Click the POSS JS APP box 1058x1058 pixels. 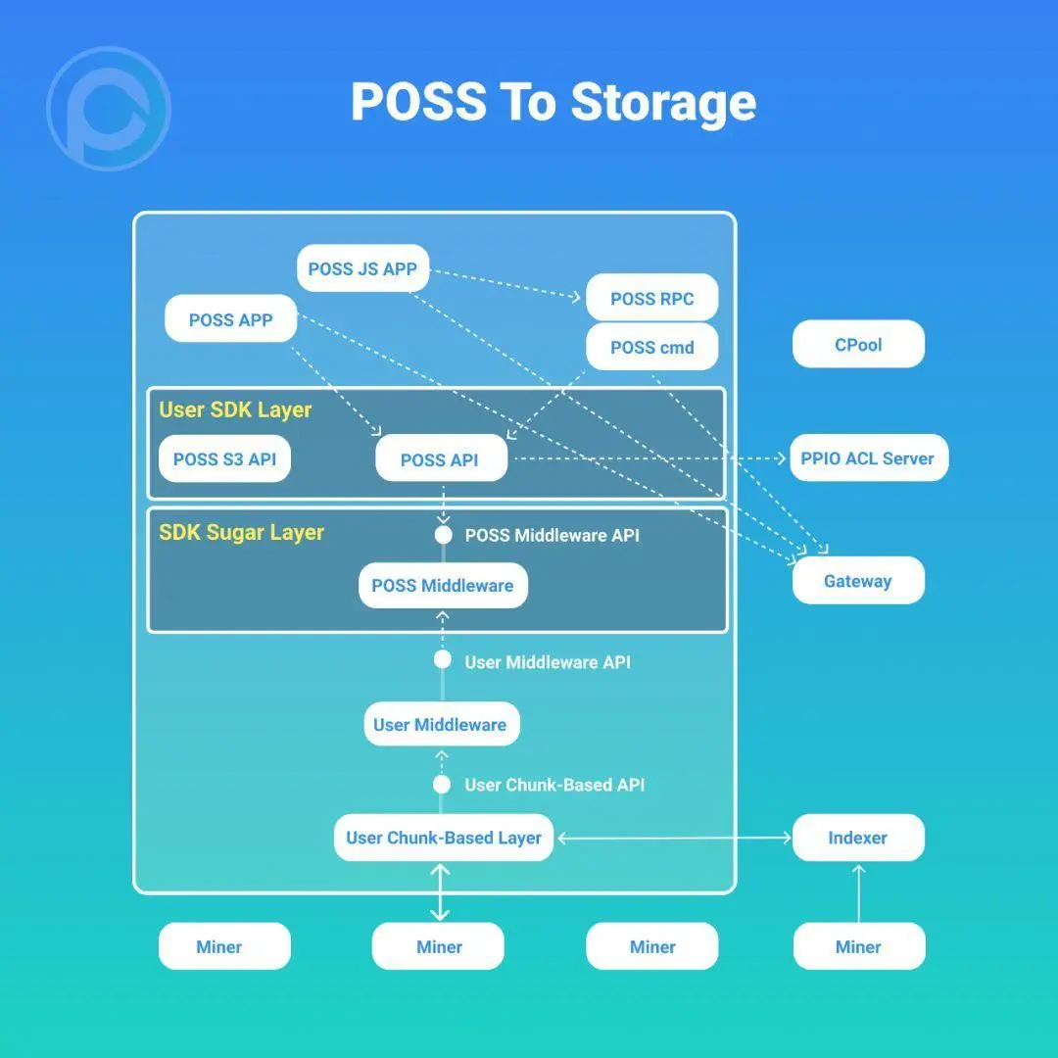[x=362, y=268]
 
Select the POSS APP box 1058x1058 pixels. [x=230, y=319]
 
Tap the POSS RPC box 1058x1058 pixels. [x=651, y=298]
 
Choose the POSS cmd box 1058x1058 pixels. [x=651, y=347]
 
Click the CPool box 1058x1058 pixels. [x=858, y=345]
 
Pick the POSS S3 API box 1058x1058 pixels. [x=224, y=458]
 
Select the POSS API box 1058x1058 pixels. [x=440, y=459]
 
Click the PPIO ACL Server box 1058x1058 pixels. [x=868, y=457]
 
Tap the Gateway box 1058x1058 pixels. [x=857, y=581]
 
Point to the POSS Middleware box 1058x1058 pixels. [x=443, y=586]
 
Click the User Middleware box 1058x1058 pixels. [x=440, y=725]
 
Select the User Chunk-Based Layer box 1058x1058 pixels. [x=444, y=838]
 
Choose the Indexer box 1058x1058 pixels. [x=857, y=838]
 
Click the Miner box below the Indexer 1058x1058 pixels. [x=858, y=946]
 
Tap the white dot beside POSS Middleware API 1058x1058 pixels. [x=443, y=535]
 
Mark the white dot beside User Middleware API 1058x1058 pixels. [x=443, y=660]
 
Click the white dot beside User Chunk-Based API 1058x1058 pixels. [x=442, y=785]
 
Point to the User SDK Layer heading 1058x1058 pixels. [x=235, y=409]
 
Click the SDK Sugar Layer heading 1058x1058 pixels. [x=241, y=533]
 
